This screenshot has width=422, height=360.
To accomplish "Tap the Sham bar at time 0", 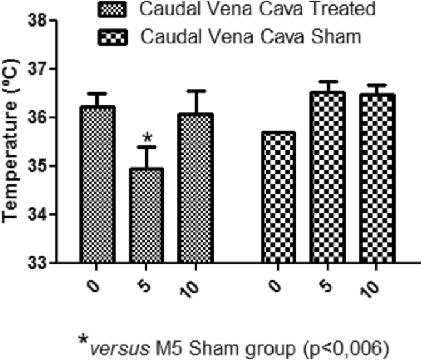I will [x=278, y=198].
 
